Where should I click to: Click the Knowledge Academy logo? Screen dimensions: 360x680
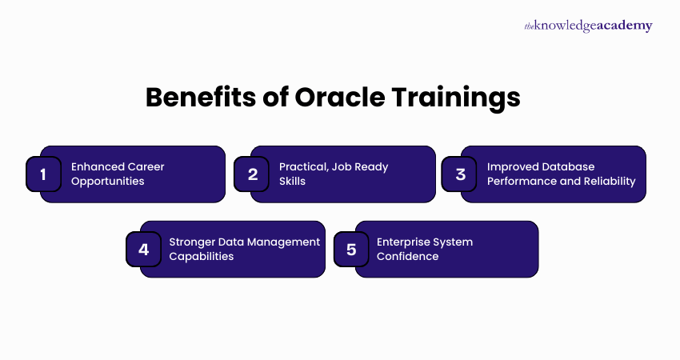[x=588, y=26]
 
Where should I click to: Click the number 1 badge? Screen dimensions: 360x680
[x=43, y=174]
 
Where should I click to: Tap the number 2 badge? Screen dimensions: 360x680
[x=253, y=174]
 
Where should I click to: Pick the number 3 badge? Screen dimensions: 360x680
[x=461, y=174]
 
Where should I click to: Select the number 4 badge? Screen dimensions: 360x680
[x=144, y=249]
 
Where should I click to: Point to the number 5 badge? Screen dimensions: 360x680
[x=351, y=249]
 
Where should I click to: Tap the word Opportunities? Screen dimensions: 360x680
[x=108, y=181]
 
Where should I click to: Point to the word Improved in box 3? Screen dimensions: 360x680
[x=512, y=166]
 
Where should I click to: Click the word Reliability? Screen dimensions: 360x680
[x=610, y=181]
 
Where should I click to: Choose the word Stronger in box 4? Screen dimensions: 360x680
[x=194, y=242]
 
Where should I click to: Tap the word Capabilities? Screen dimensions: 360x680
[x=202, y=256]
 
